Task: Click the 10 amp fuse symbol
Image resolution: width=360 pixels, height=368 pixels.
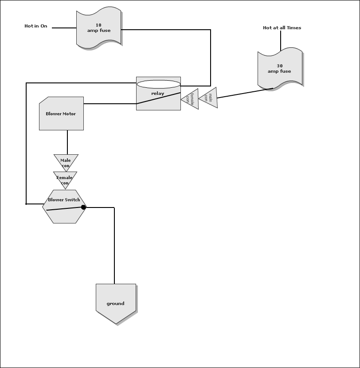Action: coord(99,28)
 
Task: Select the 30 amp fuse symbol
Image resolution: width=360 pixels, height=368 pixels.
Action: coord(280,69)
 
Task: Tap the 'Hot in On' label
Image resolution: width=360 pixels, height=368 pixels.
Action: coord(36,26)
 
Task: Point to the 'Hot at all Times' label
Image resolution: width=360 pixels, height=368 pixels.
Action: coord(282,28)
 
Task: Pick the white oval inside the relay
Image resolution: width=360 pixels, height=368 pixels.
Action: coord(158,84)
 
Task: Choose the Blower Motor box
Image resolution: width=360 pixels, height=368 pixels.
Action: coord(61,114)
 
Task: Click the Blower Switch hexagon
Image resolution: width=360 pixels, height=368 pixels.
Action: coord(64,207)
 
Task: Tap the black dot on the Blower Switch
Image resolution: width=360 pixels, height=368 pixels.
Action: coord(83,207)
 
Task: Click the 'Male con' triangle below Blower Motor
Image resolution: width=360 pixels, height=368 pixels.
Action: coord(66,161)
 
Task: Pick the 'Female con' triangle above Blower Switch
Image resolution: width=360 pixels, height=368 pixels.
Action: coord(65,179)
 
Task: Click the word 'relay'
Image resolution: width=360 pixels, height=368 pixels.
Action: coord(158,94)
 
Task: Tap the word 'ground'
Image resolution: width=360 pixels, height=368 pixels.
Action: coord(116,304)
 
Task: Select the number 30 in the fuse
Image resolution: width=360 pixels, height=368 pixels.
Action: coord(280,66)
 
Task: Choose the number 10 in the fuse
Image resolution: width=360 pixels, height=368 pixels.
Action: coord(98,25)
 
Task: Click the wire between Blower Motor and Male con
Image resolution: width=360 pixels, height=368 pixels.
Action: coord(67,142)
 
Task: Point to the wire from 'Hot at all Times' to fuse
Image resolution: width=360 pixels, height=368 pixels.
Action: coord(281,41)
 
